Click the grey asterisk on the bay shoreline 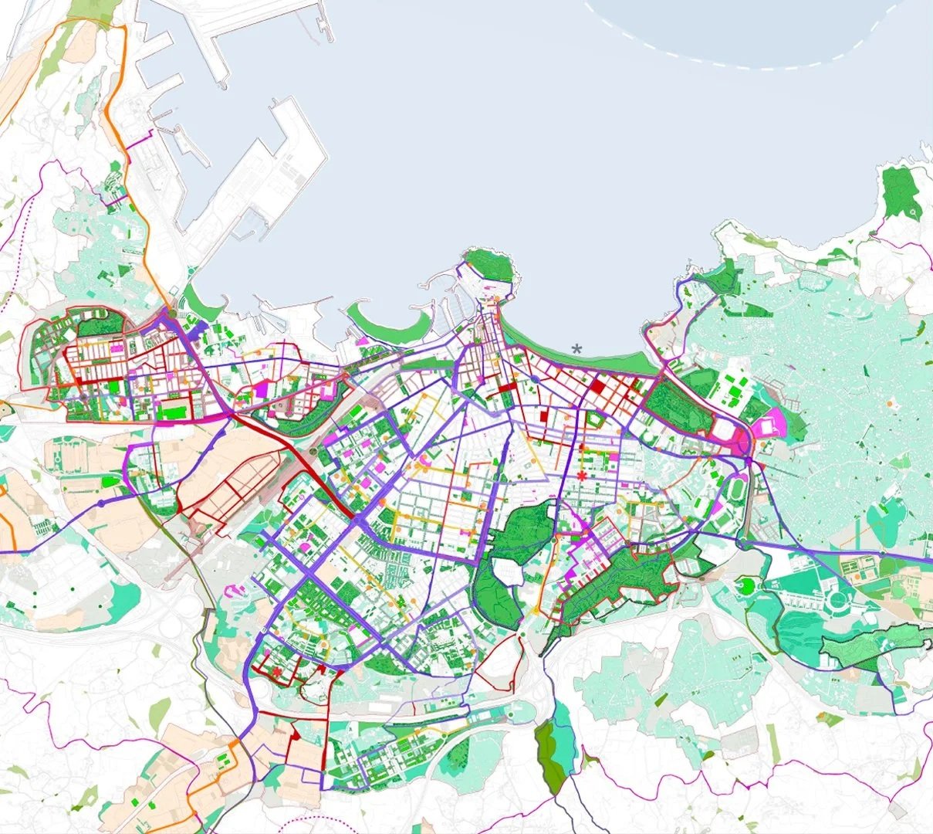tap(576, 349)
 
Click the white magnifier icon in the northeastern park tap(913, 211)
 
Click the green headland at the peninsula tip tap(490, 266)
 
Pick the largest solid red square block tap(599, 383)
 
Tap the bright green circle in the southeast tap(746, 586)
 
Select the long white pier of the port tap(255, 185)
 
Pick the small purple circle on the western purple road tap(100, 503)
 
